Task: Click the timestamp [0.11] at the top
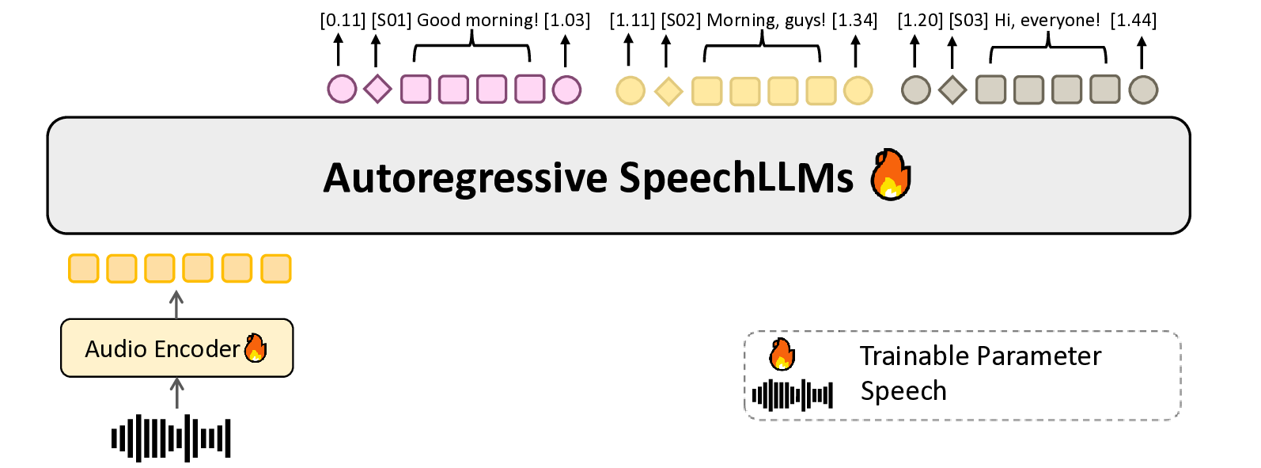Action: (343, 21)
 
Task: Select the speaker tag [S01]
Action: (392, 21)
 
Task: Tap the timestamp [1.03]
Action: (567, 21)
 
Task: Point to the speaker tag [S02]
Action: (681, 21)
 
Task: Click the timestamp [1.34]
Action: (854, 21)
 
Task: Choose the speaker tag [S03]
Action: (968, 21)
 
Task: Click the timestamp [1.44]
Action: (1134, 21)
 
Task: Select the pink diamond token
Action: (377, 89)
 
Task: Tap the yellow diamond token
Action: (668, 91)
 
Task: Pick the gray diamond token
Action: (952, 89)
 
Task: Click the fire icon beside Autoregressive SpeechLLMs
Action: (891, 174)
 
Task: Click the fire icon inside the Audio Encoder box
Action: (256, 348)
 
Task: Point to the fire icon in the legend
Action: (782, 354)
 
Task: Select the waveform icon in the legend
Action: (792, 395)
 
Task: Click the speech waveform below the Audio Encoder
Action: (171, 438)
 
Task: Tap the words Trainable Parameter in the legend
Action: (980, 356)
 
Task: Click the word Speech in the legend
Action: (903, 391)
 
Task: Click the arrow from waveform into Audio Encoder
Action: (176, 393)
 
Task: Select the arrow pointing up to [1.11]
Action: (629, 50)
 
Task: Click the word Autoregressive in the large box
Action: (465, 178)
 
